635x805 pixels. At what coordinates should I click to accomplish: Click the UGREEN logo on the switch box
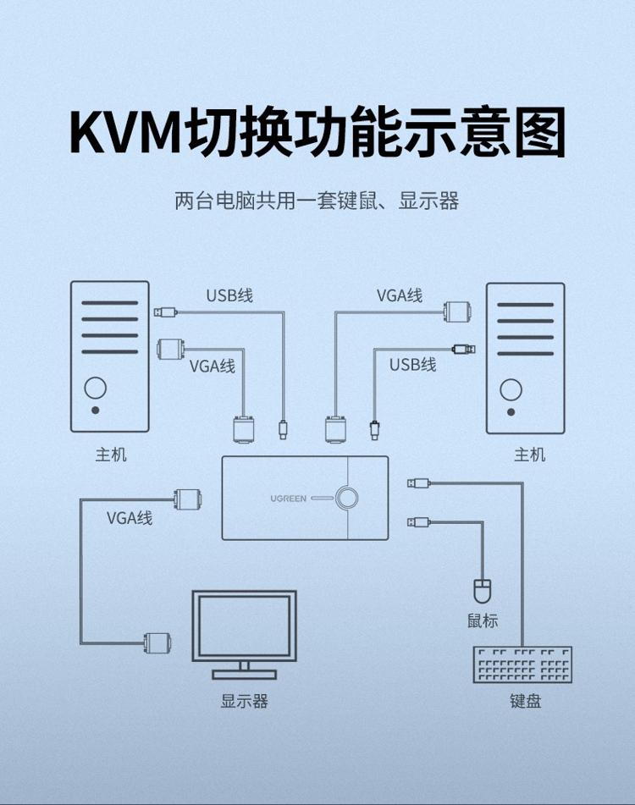point(288,499)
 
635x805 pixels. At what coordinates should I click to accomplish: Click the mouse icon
point(482,591)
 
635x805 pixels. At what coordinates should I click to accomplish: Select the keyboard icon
point(522,664)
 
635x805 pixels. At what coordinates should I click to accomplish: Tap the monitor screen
point(245,626)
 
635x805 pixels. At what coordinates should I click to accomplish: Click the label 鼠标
point(483,620)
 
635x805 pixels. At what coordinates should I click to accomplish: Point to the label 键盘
point(526,701)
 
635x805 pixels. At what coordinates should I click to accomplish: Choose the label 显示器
point(245,701)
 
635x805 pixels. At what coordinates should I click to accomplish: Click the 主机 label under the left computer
point(110,455)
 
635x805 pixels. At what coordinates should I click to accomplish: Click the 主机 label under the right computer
point(530,455)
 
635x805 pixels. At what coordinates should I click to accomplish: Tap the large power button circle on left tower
point(96,389)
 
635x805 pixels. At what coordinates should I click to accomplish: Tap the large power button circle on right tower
point(511,390)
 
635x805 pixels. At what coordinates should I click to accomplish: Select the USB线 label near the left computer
point(229,295)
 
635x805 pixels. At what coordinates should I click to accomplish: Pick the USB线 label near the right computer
point(412,365)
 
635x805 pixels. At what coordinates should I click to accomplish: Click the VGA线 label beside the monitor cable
point(130,518)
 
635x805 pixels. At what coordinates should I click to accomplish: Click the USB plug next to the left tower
point(165,312)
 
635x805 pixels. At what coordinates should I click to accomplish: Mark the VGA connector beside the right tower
point(458,312)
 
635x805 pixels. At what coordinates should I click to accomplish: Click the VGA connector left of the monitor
point(157,642)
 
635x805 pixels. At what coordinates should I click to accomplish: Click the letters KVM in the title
point(126,131)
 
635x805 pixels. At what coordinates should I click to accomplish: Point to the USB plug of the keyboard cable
point(419,483)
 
